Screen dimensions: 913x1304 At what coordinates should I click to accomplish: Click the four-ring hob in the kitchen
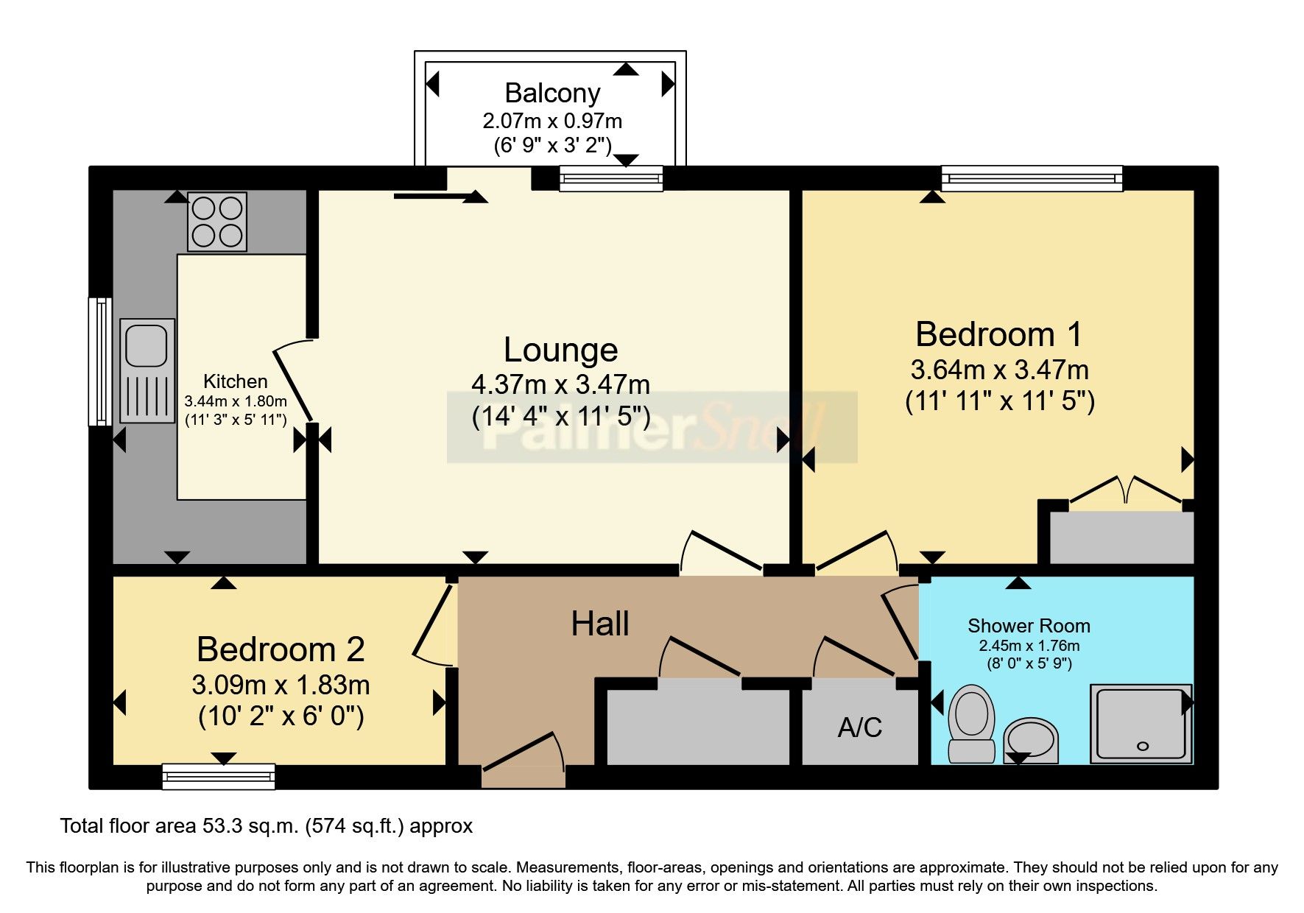pyautogui.click(x=217, y=222)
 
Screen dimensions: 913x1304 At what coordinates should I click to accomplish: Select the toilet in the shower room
pyautogui.click(x=972, y=722)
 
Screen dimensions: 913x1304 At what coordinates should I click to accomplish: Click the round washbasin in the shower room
pyautogui.click(x=1031, y=739)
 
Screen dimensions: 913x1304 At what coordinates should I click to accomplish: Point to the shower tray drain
pyautogui.click(x=1143, y=746)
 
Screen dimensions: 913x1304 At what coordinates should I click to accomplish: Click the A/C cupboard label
pyautogui.click(x=859, y=727)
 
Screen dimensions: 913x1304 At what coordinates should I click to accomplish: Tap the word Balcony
pyautogui.click(x=552, y=94)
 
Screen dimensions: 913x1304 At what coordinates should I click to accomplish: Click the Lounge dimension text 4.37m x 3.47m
pyautogui.click(x=560, y=384)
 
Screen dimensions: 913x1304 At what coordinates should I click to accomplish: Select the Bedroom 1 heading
pyautogui.click(x=998, y=334)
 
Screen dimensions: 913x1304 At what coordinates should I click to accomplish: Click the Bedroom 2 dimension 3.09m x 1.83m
pyautogui.click(x=281, y=685)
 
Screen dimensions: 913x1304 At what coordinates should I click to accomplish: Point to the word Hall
pyautogui.click(x=600, y=624)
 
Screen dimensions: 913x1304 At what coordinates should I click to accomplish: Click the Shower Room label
pyautogui.click(x=1029, y=626)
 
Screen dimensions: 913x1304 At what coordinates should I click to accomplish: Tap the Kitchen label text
pyautogui.click(x=235, y=381)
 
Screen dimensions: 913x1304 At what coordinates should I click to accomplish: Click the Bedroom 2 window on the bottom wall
pyautogui.click(x=219, y=776)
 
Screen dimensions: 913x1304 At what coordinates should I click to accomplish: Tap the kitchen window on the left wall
pyautogui.click(x=99, y=362)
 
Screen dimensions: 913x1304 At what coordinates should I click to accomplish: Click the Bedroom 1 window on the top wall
pyautogui.click(x=1032, y=178)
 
